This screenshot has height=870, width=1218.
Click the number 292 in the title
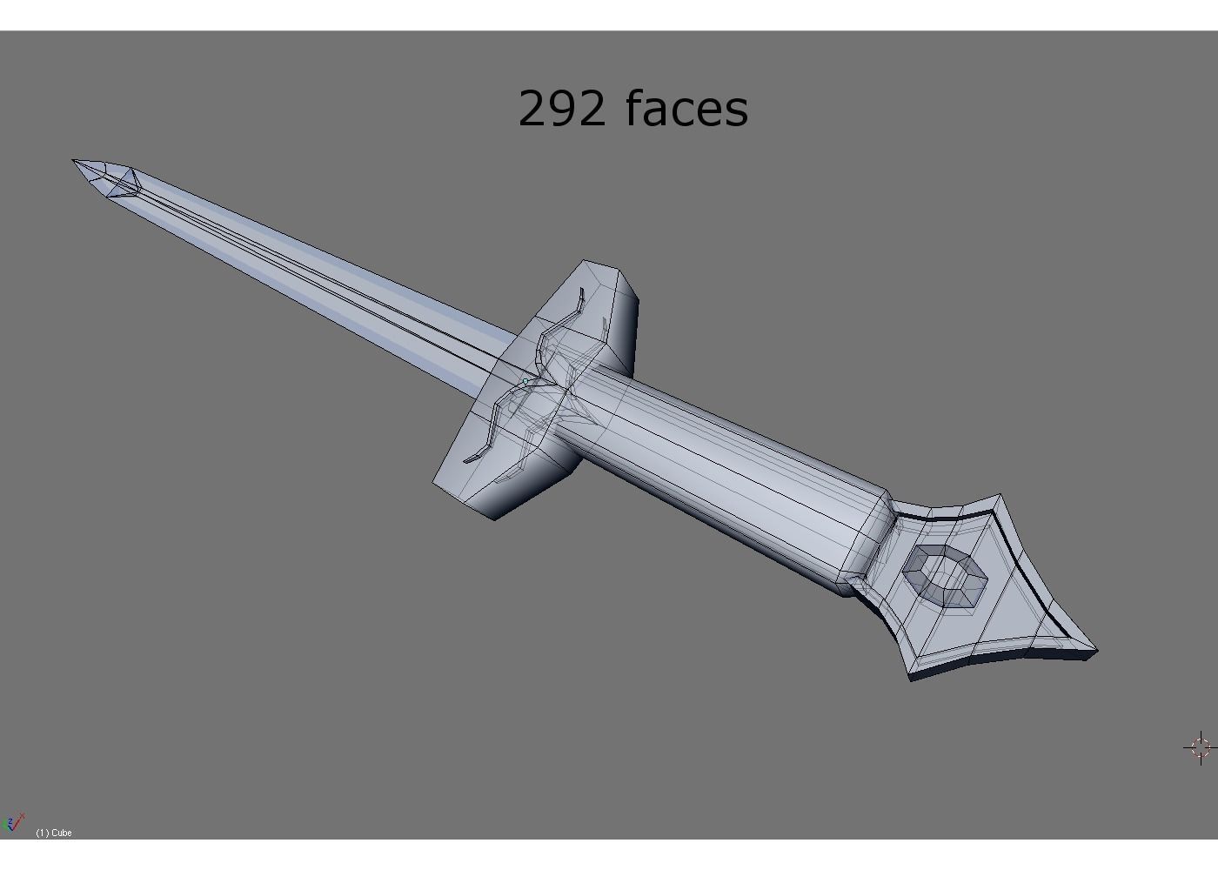coord(562,109)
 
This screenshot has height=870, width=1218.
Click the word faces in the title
coord(686,109)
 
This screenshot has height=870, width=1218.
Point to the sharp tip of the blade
coord(75,161)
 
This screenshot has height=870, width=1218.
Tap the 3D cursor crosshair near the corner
coord(1199,747)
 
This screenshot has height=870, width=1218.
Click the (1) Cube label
coord(54,833)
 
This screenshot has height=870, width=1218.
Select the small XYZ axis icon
coord(12,823)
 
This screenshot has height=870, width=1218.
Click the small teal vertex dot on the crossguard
coord(526,381)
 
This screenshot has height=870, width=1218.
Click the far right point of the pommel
coord(1096,649)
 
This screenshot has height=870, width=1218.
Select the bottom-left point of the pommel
coord(911,679)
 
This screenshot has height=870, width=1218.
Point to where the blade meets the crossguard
coord(500,361)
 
